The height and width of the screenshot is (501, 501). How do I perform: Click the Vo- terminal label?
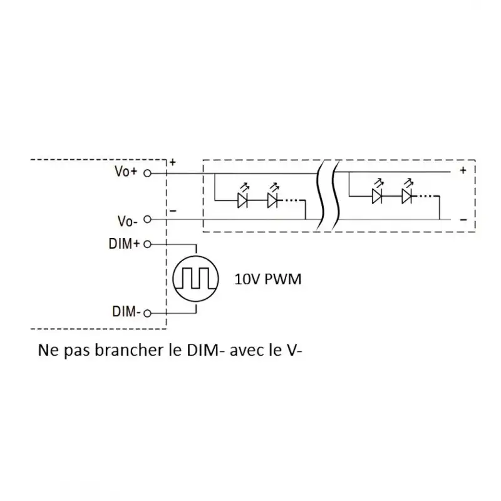click(x=127, y=220)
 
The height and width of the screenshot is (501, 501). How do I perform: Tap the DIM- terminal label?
click(x=126, y=311)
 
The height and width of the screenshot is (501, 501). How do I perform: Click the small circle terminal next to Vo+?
click(x=147, y=172)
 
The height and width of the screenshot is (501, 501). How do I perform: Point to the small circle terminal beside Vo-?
click(x=147, y=220)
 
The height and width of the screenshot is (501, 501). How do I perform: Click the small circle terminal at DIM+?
click(x=147, y=244)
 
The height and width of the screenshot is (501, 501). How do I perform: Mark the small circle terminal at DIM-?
click(x=147, y=312)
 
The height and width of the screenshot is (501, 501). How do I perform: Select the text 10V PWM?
click(x=267, y=279)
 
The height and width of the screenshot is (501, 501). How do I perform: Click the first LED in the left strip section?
click(x=243, y=200)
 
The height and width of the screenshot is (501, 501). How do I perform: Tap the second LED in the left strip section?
click(x=272, y=200)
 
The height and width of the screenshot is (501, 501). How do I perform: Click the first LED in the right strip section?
click(x=377, y=196)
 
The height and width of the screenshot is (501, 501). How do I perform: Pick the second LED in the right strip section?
click(x=408, y=196)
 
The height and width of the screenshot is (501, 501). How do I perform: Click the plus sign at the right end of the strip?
click(x=463, y=170)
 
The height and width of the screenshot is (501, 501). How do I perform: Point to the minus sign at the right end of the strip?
click(x=463, y=219)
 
